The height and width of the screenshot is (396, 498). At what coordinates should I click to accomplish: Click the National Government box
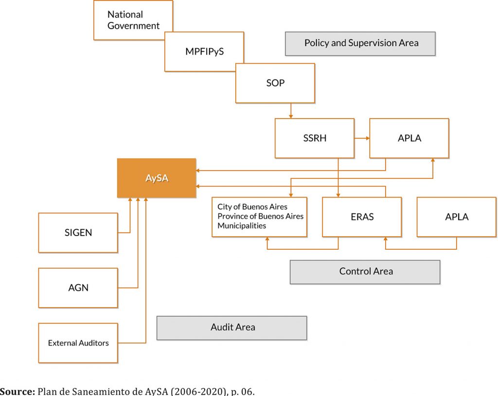coord(133,20)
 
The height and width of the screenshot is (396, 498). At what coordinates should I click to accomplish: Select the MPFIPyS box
coord(204,52)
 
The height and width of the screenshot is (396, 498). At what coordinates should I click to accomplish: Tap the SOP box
coord(275,83)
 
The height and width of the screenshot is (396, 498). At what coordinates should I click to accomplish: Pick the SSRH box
coord(314,138)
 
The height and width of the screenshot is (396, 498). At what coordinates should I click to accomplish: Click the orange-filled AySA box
coord(157,178)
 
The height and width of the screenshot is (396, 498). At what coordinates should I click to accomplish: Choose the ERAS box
coord(362,217)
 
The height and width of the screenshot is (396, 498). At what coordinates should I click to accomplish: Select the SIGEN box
coord(78,233)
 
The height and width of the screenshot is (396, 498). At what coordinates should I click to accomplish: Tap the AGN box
coord(78,288)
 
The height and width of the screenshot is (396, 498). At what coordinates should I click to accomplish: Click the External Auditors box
coord(78,343)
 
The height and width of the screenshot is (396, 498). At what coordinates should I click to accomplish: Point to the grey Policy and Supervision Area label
coord(360,43)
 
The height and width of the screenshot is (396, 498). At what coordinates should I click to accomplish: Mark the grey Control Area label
coord(365,272)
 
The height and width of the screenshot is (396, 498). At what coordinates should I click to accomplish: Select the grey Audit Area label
coord(232,327)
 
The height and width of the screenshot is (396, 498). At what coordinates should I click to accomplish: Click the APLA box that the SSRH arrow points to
coord(409,138)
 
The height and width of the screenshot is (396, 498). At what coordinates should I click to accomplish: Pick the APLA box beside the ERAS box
coord(456,217)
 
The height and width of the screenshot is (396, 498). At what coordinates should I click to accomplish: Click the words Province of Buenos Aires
coord(260,216)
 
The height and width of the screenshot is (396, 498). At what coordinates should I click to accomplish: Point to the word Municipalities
coord(242,226)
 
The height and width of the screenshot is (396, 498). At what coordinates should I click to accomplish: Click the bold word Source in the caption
coord(17,392)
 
